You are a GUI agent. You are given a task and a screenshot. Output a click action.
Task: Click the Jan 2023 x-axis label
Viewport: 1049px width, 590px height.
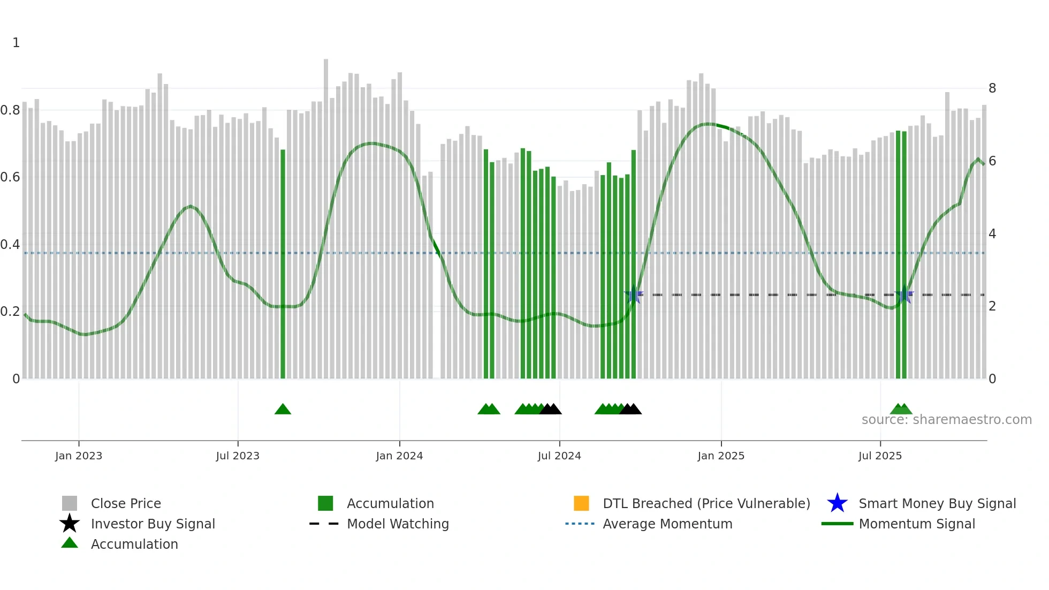79,456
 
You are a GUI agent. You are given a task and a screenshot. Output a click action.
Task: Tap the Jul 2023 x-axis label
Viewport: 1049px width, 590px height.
238,456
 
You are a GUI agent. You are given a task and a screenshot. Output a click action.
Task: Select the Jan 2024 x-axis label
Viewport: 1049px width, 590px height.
399,456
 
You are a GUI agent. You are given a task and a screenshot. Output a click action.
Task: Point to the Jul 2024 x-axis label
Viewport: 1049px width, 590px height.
559,456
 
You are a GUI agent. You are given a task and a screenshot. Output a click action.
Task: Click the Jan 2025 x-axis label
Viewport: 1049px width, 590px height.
721,456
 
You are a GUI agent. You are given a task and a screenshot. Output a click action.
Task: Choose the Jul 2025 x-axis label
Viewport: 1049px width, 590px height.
880,456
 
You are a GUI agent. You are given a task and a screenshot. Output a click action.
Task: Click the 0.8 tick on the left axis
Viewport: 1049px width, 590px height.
10,110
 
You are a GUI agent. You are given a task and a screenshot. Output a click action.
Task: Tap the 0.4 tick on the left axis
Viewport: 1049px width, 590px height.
10,245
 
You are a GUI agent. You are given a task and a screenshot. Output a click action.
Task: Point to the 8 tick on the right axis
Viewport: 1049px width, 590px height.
992,88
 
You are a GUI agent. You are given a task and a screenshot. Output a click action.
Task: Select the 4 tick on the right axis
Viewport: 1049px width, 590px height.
992,234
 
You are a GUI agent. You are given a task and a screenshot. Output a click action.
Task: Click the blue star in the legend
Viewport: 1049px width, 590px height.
837,503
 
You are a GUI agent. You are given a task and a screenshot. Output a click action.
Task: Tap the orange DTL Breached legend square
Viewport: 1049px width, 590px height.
581,503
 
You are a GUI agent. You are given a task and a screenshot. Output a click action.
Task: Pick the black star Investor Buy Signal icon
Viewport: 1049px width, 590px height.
70,524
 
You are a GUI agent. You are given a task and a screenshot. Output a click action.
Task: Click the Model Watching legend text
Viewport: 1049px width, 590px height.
398,524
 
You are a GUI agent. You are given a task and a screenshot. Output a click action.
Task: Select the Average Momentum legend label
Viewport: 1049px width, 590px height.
667,524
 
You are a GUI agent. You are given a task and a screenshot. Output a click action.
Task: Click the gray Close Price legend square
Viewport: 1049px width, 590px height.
70,503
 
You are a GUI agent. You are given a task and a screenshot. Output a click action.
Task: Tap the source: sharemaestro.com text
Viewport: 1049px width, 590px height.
947,420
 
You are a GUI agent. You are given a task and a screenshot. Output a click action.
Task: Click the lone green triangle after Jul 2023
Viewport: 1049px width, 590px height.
283,409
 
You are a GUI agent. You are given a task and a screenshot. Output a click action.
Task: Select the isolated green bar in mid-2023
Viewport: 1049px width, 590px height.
283,264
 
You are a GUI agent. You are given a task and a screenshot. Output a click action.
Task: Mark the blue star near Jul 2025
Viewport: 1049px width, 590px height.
904,294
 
